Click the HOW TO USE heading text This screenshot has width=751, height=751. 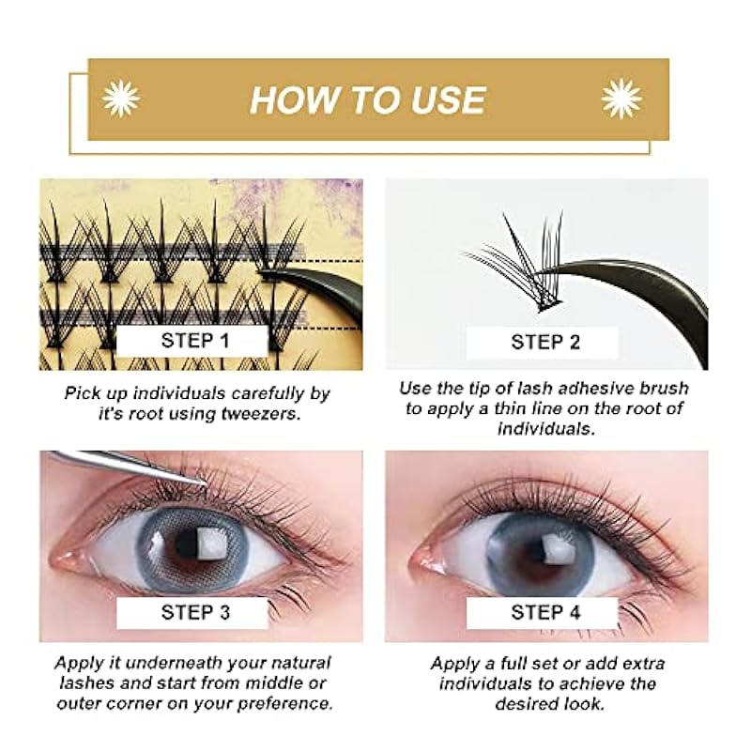[x=368, y=100]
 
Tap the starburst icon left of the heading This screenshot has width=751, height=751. [x=121, y=100]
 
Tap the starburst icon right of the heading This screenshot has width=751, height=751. [x=621, y=100]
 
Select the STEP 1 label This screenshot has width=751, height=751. [x=195, y=341]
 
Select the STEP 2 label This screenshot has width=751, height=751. [x=545, y=342]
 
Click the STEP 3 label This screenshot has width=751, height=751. [x=195, y=612]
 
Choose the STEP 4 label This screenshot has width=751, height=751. [x=545, y=612]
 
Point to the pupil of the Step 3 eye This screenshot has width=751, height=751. [x=188, y=544]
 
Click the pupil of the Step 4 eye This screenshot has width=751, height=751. [x=538, y=546]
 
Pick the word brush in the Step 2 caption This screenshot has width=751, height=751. [x=665, y=388]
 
